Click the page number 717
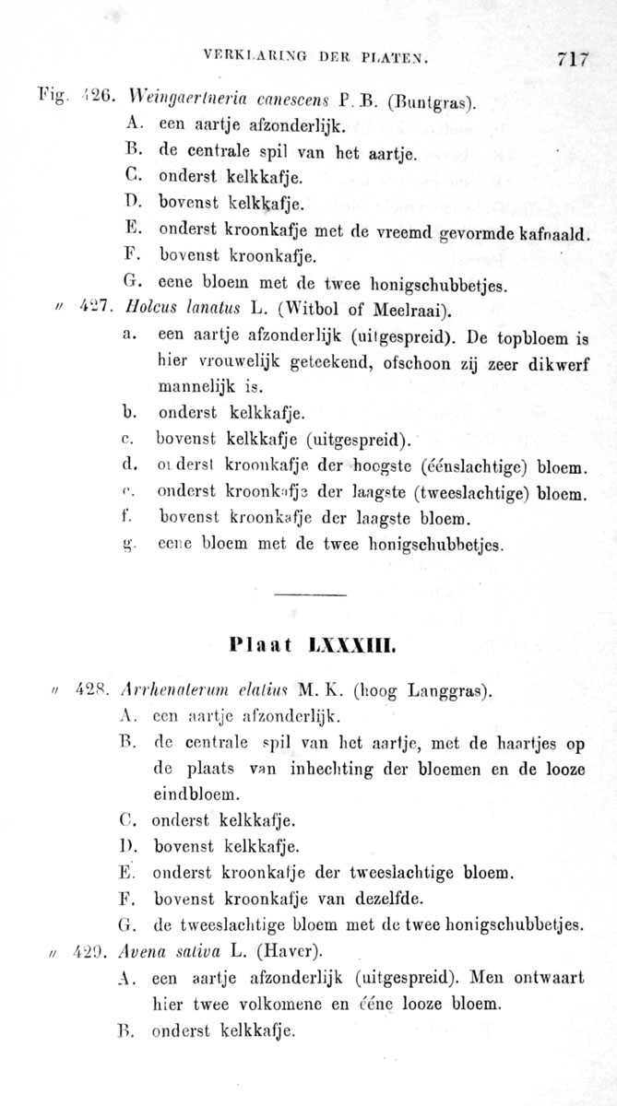coord(573,58)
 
